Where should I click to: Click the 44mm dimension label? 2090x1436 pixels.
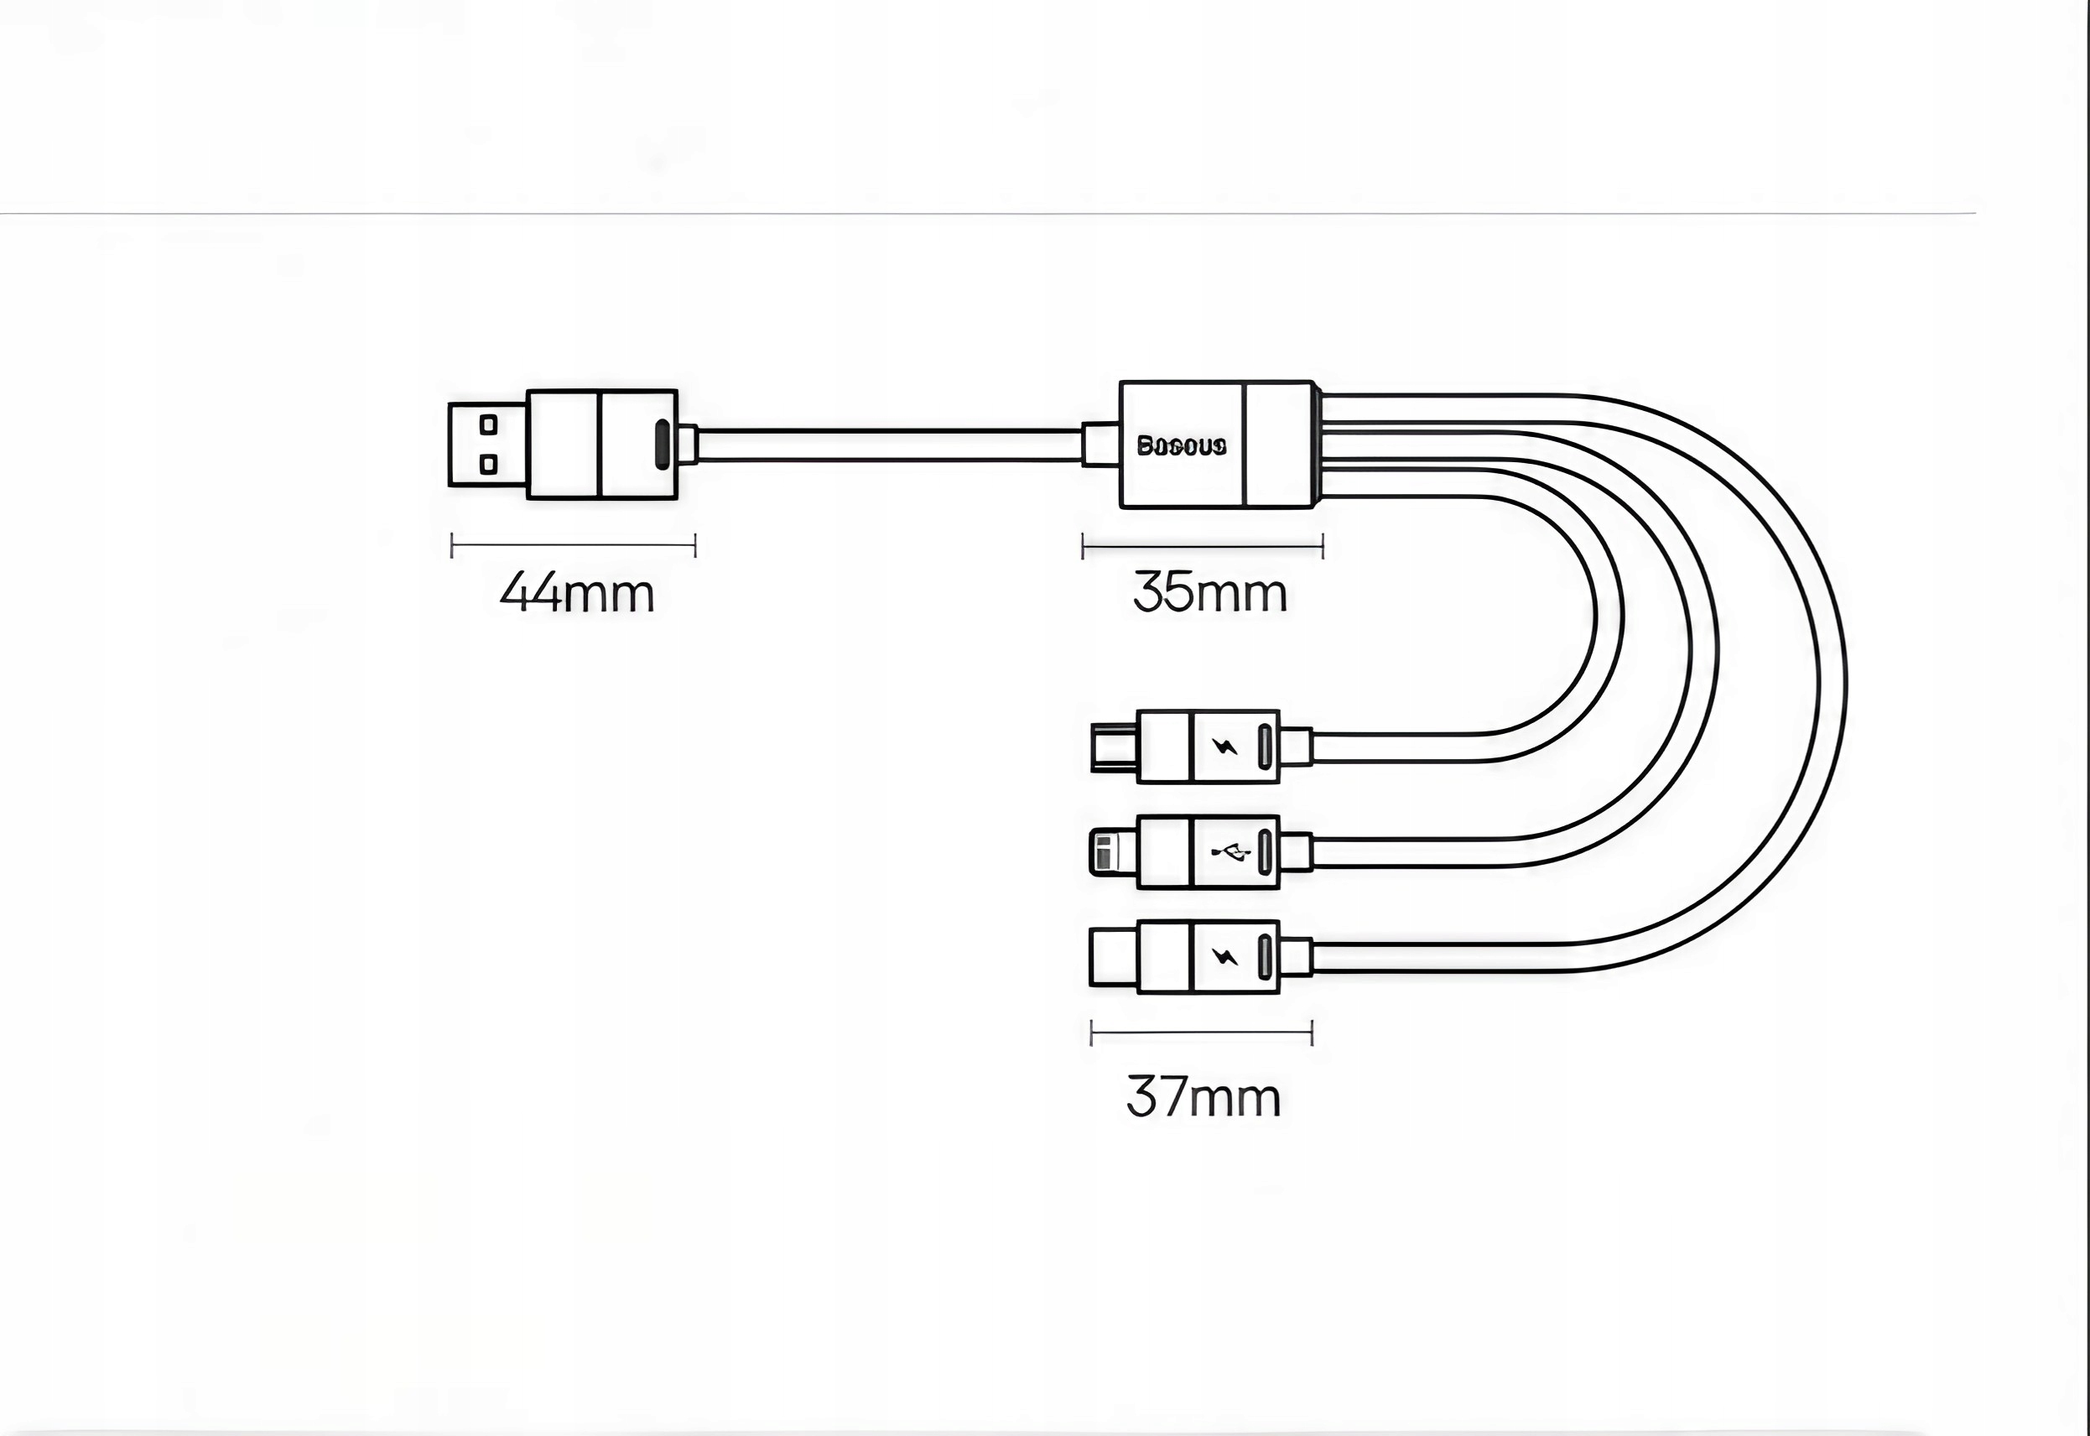[577, 594]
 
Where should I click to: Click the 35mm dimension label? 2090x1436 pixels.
[1210, 594]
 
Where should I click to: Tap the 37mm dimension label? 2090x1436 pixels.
[1203, 1098]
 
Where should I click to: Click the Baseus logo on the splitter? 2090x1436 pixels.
[1182, 446]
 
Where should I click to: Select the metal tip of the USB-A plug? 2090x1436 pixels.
[486, 445]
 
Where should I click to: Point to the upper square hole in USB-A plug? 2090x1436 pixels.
[489, 424]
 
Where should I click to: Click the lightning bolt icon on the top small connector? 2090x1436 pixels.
[1224, 746]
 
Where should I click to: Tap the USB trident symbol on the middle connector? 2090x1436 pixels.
[1230, 851]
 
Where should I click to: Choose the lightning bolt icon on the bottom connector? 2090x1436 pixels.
[1224, 955]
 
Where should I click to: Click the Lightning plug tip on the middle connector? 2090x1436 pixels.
[1113, 852]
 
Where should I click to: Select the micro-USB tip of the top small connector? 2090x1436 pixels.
[1114, 747]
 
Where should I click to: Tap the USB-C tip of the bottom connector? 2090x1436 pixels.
[1114, 956]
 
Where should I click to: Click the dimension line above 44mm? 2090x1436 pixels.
[573, 545]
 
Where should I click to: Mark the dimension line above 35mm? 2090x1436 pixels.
[1203, 545]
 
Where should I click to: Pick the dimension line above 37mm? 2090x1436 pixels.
[1201, 1032]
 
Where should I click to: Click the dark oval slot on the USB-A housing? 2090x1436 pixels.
[663, 445]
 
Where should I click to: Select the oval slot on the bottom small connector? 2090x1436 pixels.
[1264, 956]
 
